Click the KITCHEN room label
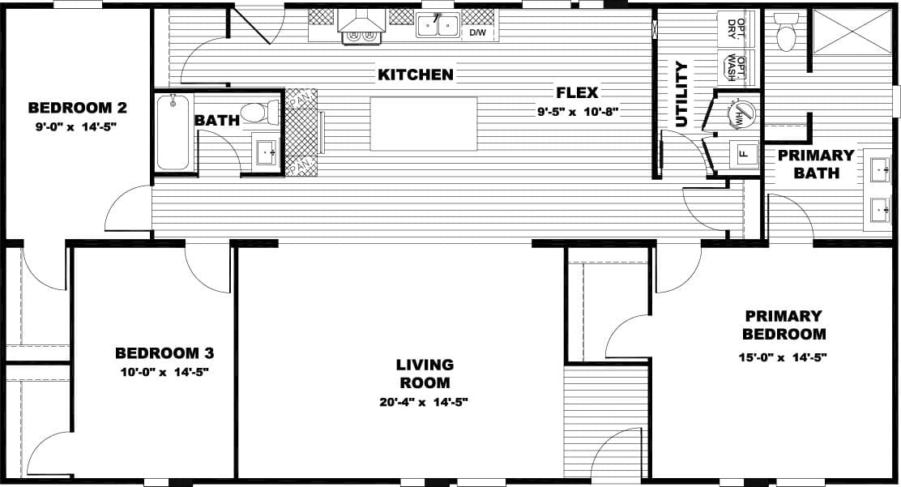click(x=416, y=75)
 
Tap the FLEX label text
click(x=577, y=92)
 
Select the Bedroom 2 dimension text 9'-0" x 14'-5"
click(x=78, y=126)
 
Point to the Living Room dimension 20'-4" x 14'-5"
click(x=424, y=401)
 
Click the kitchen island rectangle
click(x=424, y=123)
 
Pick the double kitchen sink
click(x=438, y=27)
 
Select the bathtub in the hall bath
click(x=174, y=132)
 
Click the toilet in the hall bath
click(x=263, y=112)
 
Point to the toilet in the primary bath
click(x=785, y=33)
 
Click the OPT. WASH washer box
click(x=737, y=68)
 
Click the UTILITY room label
click(x=681, y=94)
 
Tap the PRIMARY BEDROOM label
click(x=784, y=324)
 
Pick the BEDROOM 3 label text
click(x=164, y=353)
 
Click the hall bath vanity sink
click(x=266, y=152)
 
